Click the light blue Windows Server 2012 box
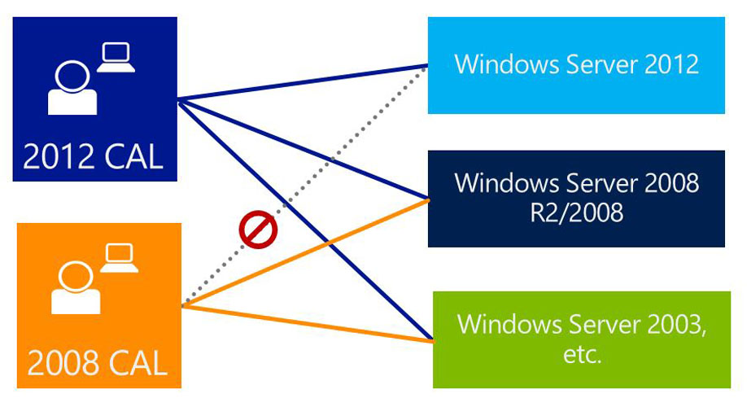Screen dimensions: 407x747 576,64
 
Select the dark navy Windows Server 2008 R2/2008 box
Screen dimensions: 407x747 576,198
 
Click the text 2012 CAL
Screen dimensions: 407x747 93,157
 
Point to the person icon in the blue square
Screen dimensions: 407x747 72,87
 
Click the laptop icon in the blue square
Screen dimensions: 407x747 116,57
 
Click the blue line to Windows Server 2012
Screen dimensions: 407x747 301,82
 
